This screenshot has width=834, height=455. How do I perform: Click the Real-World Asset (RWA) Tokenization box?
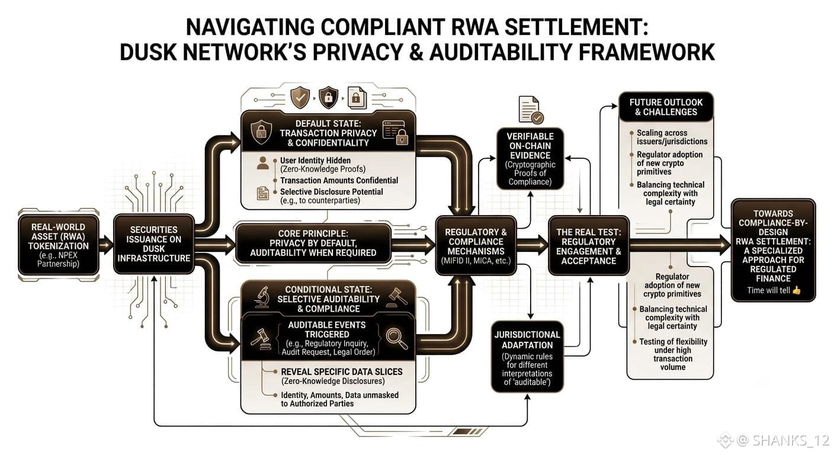point(59,245)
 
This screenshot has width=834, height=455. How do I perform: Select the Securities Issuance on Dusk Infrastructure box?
point(154,244)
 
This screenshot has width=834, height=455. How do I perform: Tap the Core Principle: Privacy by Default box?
point(313,243)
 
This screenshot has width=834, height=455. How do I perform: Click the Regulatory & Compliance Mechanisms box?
point(476,246)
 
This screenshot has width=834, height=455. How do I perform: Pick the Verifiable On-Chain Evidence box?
point(530,159)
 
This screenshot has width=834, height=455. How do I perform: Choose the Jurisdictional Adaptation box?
point(527,357)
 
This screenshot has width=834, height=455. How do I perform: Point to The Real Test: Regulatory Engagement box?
point(589,246)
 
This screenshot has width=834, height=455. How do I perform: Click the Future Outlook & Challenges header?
point(666,107)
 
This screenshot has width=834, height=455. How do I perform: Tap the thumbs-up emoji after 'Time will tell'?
point(797,290)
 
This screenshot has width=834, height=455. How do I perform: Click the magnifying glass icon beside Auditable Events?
point(396,338)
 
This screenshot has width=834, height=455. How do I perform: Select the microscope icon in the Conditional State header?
point(262,297)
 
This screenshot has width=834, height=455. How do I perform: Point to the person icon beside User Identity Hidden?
point(263,163)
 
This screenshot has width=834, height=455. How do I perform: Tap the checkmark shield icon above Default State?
point(300,98)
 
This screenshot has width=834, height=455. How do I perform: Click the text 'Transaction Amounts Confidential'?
point(339,181)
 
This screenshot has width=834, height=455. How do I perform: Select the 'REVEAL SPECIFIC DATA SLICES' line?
point(341,371)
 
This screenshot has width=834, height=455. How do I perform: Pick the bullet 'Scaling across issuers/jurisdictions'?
point(672,137)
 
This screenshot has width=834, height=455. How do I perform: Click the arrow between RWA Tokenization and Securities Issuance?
point(106,245)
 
